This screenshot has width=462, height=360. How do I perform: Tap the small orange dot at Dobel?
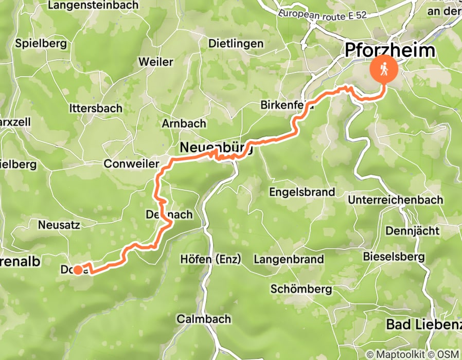[x=77, y=269]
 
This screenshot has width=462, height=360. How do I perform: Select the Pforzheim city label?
[x=390, y=50]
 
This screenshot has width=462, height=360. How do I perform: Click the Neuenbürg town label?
[x=217, y=148]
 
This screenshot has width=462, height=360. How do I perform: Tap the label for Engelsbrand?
[x=302, y=192]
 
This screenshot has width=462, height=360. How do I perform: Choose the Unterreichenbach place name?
[x=395, y=200]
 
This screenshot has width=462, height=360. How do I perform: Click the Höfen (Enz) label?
[x=211, y=260]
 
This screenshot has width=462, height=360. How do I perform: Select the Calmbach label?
[x=204, y=319]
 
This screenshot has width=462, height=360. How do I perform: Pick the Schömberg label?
[x=301, y=289]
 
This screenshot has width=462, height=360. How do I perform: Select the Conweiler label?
[x=129, y=164]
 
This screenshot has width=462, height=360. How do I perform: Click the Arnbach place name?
[x=184, y=123]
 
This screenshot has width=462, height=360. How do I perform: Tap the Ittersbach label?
[x=96, y=109]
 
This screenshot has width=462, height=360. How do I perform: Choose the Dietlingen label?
[x=236, y=44]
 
